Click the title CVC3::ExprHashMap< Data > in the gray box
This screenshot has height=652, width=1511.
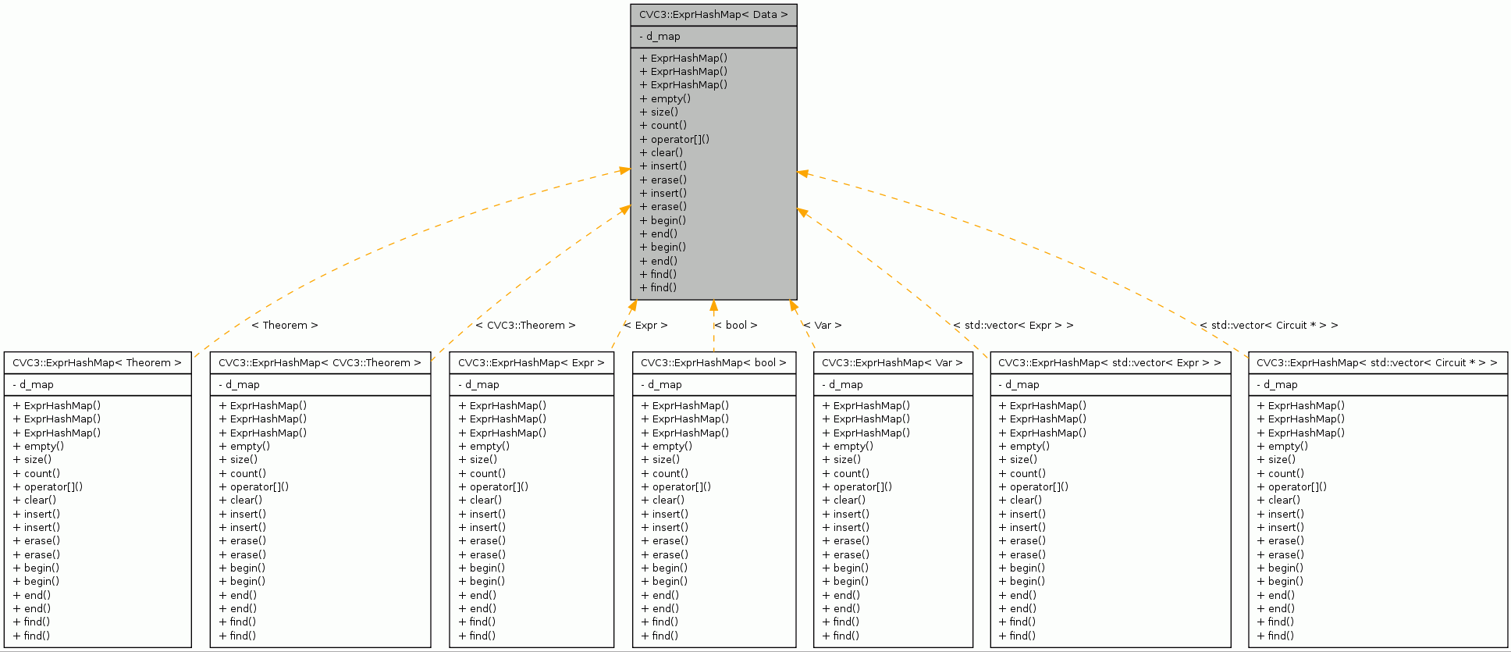pyautogui.click(x=713, y=15)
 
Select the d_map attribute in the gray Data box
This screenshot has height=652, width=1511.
pyautogui.click(x=663, y=37)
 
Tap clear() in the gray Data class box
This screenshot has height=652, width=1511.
pyautogui.click(x=667, y=152)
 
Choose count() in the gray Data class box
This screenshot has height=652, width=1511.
pyautogui.click(x=668, y=126)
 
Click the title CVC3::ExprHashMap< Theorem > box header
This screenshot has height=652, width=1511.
pyautogui.click(x=97, y=363)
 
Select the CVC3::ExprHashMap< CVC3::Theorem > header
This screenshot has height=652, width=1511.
pyautogui.click(x=319, y=363)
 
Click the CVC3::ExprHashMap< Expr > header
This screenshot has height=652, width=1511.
pyautogui.click(x=531, y=363)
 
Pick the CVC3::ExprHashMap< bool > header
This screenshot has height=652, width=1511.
pyautogui.click(x=713, y=363)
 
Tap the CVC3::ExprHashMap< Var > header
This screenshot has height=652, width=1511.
pyautogui.click(x=892, y=363)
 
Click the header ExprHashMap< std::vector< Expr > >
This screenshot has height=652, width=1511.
pyautogui.click(x=1109, y=363)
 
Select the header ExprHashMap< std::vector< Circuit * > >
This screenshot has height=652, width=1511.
pyautogui.click(x=1377, y=363)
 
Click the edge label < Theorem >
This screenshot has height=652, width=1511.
pyautogui.click(x=284, y=326)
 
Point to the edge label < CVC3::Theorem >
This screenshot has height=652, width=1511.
pyautogui.click(x=525, y=326)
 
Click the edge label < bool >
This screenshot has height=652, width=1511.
pyautogui.click(x=735, y=326)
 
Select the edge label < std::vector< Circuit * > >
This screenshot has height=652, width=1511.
pyautogui.click(x=1268, y=326)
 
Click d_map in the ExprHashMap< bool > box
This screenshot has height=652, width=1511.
pyautogui.click(x=664, y=385)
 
